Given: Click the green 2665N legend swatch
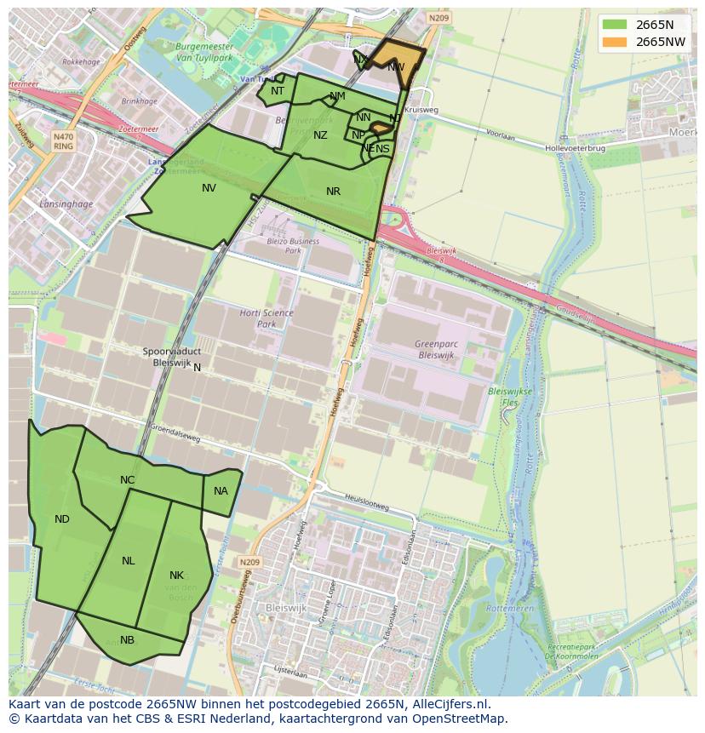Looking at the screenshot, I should pyautogui.click(x=613, y=25).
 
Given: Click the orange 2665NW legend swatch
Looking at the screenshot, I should pyautogui.click(x=613, y=42).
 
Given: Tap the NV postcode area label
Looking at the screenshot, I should pyautogui.click(x=209, y=188).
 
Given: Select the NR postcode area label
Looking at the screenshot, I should pyautogui.click(x=333, y=192).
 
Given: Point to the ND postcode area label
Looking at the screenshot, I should pyautogui.click(x=62, y=519).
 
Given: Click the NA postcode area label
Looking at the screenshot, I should pyautogui.click(x=221, y=491).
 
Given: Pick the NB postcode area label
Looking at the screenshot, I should pyautogui.click(x=127, y=640).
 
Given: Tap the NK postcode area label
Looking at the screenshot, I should pyautogui.click(x=176, y=576).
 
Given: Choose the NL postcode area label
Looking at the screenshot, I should pyautogui.click(x=129, y=561).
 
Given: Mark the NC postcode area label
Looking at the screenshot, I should pyautogui.click(x=127, y=480).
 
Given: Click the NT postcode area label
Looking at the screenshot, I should pyautogui.click(x=278, y=91).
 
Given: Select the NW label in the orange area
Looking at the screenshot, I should pyautogui.click(x=396, y=66).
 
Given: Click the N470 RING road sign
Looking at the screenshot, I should pyautogui.click(x=63, y=140).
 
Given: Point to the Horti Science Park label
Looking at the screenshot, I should pyautogui.click(x=267, y=318).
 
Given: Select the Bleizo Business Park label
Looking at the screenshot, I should pyautogui.click(x=292, y=246).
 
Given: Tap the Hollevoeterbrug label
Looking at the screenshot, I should pyautogui.click(x=575, y=148).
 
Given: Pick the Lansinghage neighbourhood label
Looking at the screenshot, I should pyautogui.click(x=65, y=203).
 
